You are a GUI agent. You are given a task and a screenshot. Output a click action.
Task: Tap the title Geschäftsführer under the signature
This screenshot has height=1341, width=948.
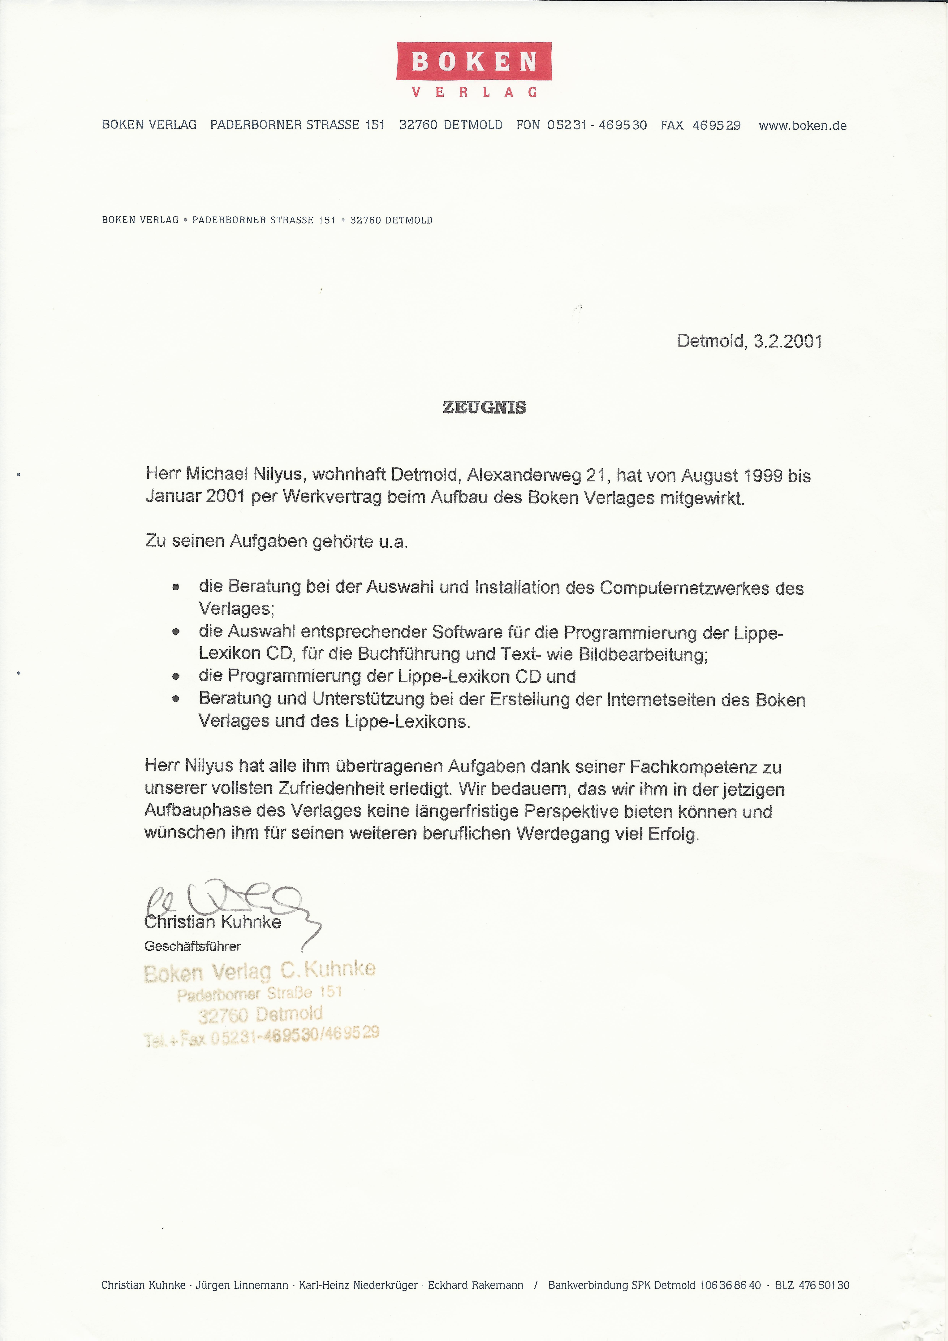tap(193, 946)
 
